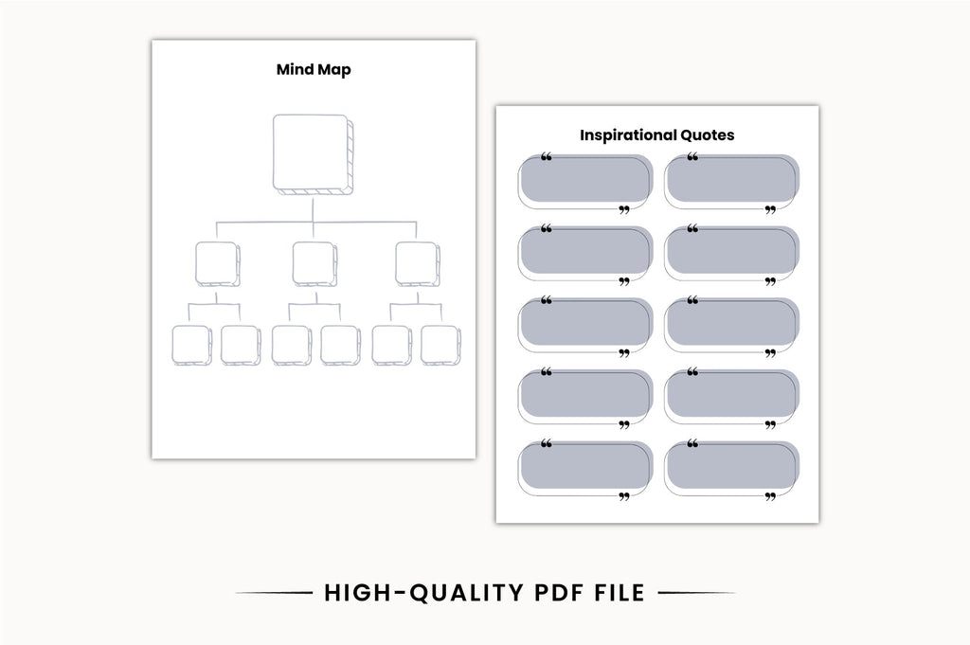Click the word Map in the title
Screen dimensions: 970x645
(334, 70)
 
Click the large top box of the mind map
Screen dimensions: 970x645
(313, 154)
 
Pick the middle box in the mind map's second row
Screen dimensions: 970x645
(314, 264)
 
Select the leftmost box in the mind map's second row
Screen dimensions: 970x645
(218, 264)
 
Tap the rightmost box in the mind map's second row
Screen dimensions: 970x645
(418, 264)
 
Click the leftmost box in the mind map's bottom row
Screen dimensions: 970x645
(191, 345)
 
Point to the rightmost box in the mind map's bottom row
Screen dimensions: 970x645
(440, 345)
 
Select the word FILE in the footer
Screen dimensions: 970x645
(620, 593)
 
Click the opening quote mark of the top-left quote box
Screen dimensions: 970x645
(547, 157)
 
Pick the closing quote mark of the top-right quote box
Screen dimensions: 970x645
(770, 210)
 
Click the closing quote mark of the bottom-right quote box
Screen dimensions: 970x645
(770, 496)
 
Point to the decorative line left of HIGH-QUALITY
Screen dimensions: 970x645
(274, 593)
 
